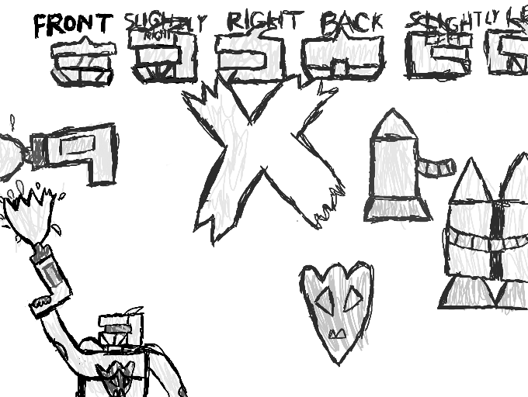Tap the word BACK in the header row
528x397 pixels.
pos(352,23)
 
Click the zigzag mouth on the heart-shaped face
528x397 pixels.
pos(338,334)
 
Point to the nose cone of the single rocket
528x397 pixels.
pos(393,124)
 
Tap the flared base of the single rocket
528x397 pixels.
pos(394,209)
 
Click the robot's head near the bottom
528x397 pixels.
pos(123,330)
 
